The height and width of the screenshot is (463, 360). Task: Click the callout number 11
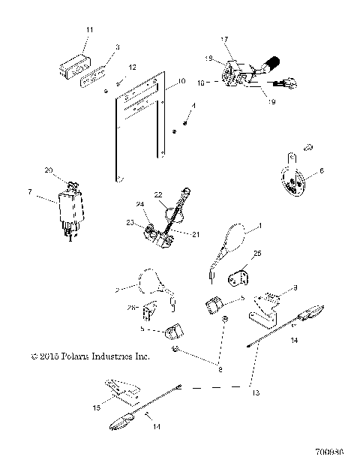pyautogui.click(x=89, y=29)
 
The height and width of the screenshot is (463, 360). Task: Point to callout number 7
pyautogui.click(x=29, y=193)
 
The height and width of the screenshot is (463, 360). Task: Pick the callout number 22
pyautogui.click(x=158, y=195)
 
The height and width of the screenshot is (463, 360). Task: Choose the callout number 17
pyautogui.click(x=223, y=39)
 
